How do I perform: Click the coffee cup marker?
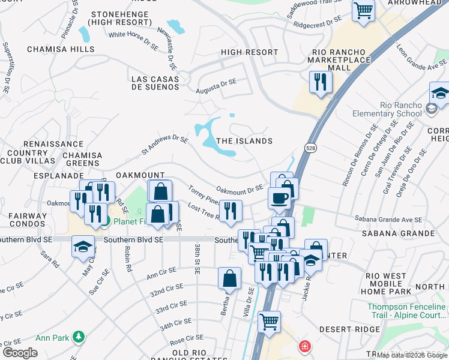click(x=279, y=197)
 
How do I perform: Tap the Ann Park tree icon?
click(x=77, y=337)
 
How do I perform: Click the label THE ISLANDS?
click(x=244, y=141)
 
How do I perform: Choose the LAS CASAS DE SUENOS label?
click(x=155, y=83)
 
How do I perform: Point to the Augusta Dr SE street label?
click(x=216, y=86)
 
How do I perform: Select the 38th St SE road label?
click(x=197, y=259)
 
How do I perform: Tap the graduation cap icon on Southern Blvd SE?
click(x=83, y=246)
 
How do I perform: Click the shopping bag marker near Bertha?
click(x=229, y=278)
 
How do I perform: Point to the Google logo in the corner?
click(x=20, y=353)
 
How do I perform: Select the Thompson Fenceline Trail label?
click(x=406, y=311)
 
